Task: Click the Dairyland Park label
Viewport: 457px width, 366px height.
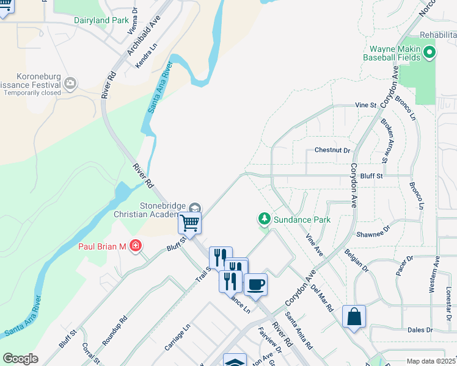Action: tap(101, 20)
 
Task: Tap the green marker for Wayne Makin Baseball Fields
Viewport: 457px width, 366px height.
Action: tap(430, 53)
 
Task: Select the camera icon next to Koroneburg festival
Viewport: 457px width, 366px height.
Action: tap(71, 82)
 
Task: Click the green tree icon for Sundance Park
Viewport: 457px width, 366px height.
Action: tap(264, 218)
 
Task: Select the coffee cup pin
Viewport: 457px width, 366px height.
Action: tap(255, 284)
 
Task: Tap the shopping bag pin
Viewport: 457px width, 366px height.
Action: tap(354, 316)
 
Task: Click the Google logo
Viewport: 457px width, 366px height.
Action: tap(20, 358)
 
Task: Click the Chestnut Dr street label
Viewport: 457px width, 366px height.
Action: tap(332, 150)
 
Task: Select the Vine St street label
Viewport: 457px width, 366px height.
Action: tap(366, 105)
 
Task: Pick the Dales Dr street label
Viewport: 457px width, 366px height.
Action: tap(421, 330)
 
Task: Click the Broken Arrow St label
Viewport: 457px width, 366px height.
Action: tap(386, 140)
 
